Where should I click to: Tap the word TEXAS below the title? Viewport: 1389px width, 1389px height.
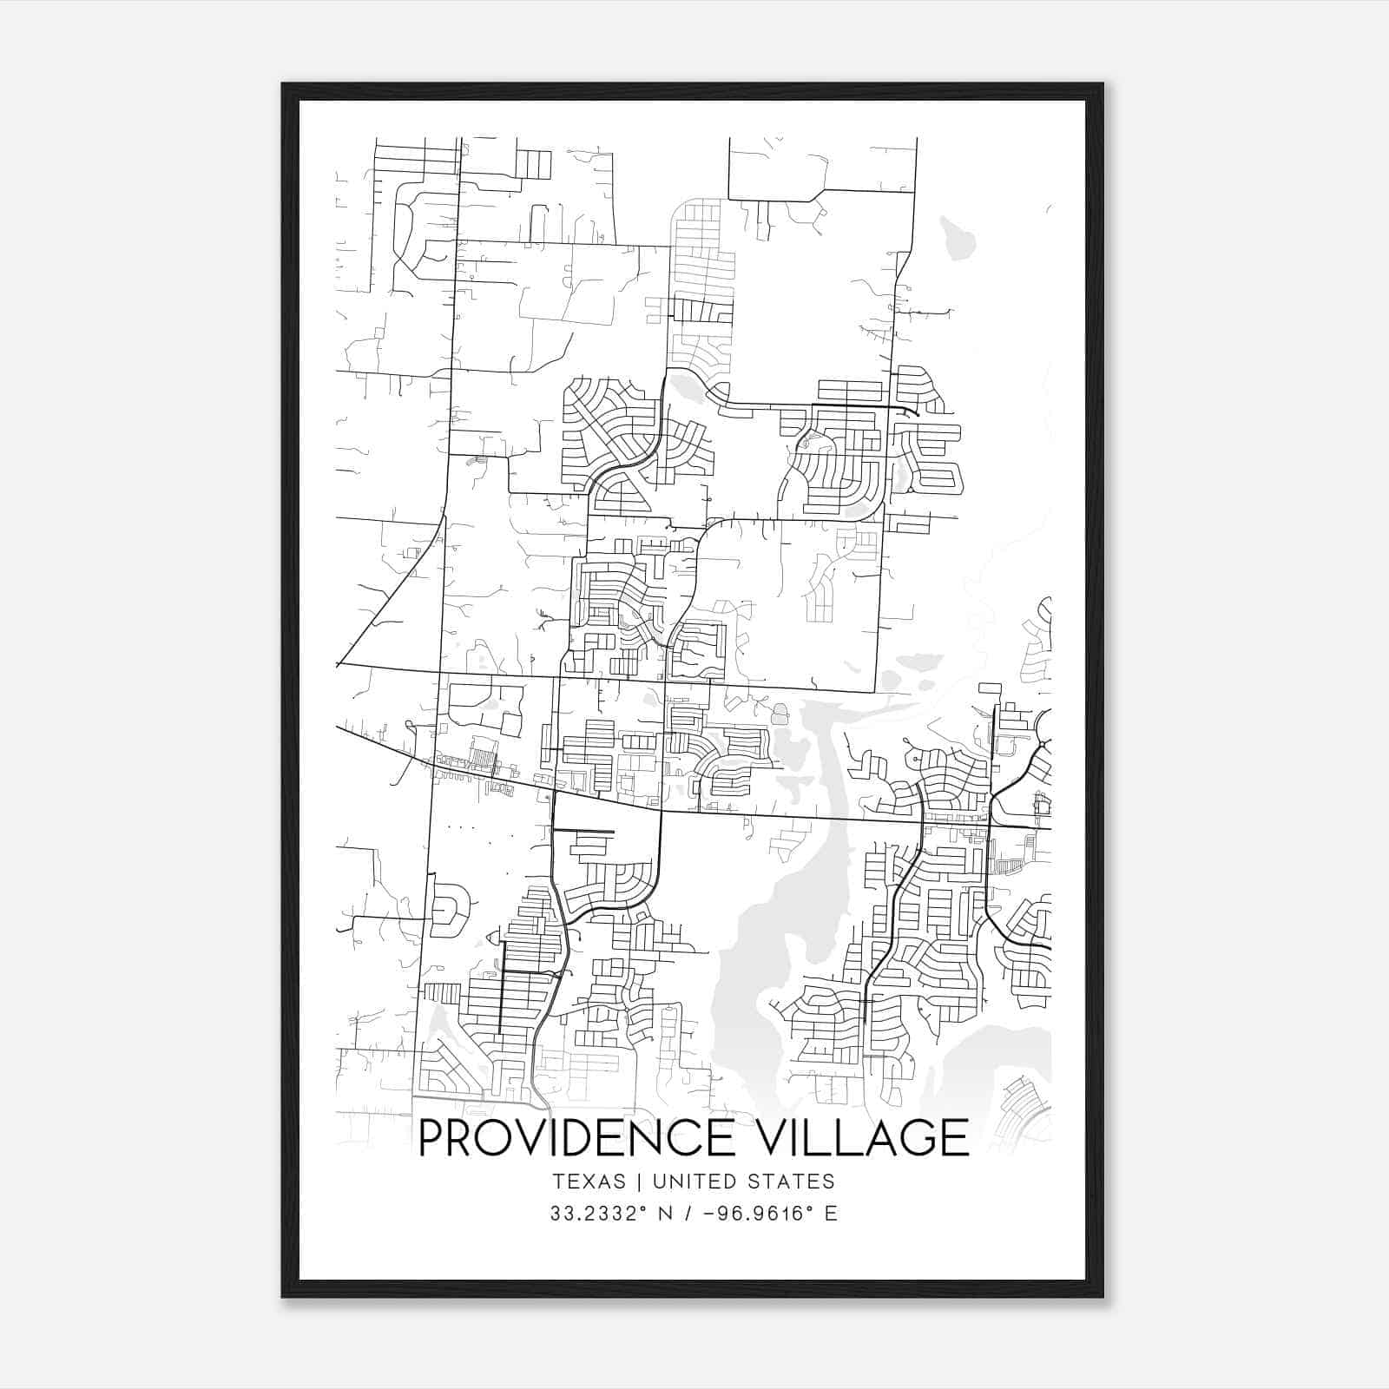pyautogui.click(x=588, y=1182)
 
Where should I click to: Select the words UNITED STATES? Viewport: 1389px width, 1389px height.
pyautogui.click(x=743, y=1182)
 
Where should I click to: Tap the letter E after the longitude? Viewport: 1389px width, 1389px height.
pyautogui.click(x=831, y=1214)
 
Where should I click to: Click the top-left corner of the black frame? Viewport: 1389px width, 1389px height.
pyautogui.click(x=283, y=85)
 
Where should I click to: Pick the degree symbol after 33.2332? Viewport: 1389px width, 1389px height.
pyautogui.click(x=643, y=1208)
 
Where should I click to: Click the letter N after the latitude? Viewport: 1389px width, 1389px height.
pyautogui.click(x=665, y=1214)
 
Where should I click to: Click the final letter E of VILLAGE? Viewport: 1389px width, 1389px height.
pyautogui.click(x=956, y=1138)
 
